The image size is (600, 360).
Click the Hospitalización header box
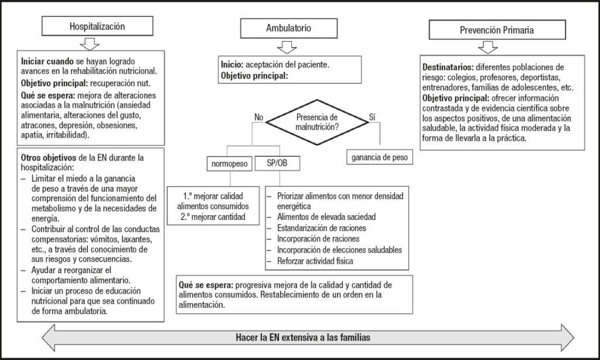[x=97, y=26]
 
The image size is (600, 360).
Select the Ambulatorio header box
[x=288, y=28]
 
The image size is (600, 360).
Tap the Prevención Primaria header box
[x=497, y=30]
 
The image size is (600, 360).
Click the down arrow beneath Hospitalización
[x=90, y=43]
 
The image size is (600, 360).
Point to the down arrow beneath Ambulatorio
[x=287, y=47]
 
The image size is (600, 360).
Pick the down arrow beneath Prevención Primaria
[x=488, y=47]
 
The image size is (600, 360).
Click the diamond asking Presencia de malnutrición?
[x=317, y=122]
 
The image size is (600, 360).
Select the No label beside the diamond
[x=258, y=117]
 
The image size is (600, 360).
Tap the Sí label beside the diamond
[x=372, y=117]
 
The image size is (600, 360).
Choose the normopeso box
[x=230, y=164]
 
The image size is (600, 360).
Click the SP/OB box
[x=277, y=163]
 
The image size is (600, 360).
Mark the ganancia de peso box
[x=380, y=157]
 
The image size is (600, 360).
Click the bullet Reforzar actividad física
[x=315, y=261]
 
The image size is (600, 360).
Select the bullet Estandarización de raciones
[x=322, y=228]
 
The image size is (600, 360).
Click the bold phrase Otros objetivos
[x=49, y=157]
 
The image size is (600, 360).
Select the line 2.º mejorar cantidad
[x=213, y=217]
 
